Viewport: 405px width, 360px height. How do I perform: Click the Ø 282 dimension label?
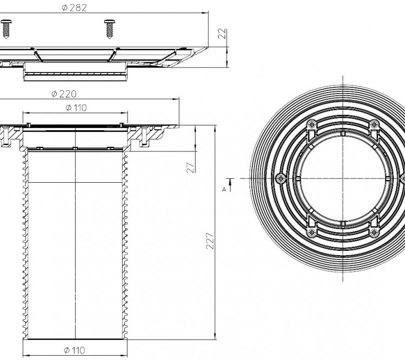tap(75, 8)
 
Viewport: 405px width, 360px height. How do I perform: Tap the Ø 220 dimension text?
tap(64, 94)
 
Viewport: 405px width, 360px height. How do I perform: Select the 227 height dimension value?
tap(210, 241)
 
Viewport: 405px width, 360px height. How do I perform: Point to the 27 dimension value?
tap(191, 168)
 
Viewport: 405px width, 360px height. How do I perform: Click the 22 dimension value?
tap(222, 34)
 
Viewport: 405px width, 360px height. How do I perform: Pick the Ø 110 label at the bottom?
tap(75, 350)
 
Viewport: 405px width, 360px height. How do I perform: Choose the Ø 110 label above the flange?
tap(76, 108)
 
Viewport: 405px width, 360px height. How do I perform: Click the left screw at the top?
tap(6, 29)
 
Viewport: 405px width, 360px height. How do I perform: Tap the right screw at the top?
tap(110, 29)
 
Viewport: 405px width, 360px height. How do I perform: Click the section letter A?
tap(224, 190)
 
